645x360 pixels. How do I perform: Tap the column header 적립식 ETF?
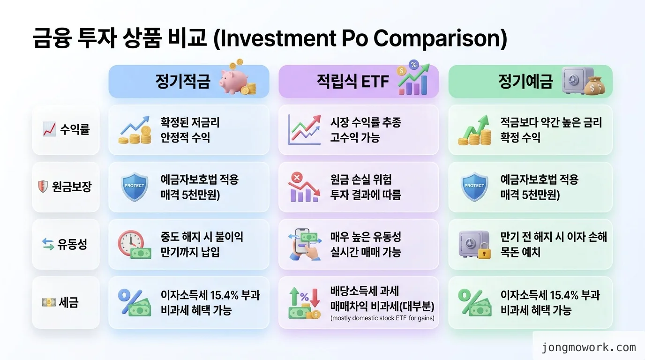point(352,82)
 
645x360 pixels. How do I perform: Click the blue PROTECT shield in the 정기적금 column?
point(135,186)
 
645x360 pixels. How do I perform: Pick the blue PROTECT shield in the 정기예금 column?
point(474,186)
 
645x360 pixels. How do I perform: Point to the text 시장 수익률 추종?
point(365,123)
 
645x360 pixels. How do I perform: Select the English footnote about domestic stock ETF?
point(382,318)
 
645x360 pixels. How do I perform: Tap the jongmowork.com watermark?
point(589,347)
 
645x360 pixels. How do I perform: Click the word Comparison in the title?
point(439,39)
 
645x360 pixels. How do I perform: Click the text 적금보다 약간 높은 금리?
point(551,123)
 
